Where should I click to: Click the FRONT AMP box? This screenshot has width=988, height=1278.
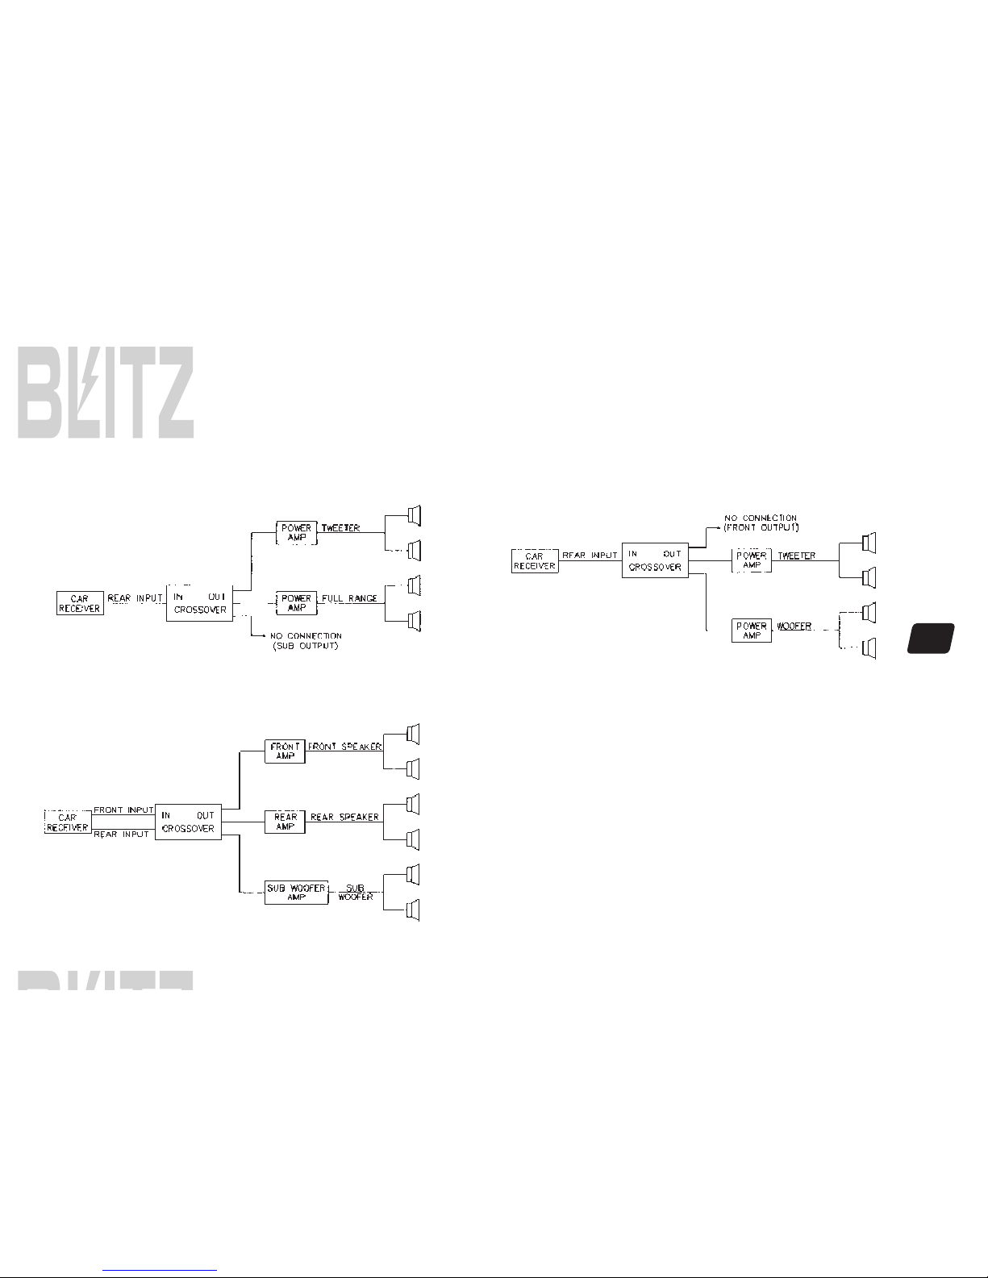(285, 751)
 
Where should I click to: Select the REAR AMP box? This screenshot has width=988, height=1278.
(285, 822)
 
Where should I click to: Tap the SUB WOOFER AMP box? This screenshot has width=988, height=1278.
(296, 892)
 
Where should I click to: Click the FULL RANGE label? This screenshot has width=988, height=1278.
(349, 599)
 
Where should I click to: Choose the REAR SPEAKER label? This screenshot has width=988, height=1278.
(344, 817)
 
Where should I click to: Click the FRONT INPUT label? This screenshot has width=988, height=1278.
(123, 810)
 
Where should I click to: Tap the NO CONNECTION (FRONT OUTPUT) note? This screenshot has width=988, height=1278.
(761, 522)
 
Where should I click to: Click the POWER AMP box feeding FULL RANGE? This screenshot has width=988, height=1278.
(296, 603)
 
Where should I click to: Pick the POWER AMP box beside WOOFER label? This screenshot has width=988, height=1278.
(752, 631)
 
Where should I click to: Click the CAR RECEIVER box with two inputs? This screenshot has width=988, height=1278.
(68, 822)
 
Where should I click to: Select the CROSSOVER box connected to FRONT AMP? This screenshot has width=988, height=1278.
(188, 822)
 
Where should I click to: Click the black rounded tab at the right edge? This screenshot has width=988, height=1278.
(930, 638)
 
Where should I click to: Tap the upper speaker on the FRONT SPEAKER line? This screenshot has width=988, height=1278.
(414, 734)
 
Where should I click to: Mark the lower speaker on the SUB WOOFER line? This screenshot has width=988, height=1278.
(414, 910)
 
